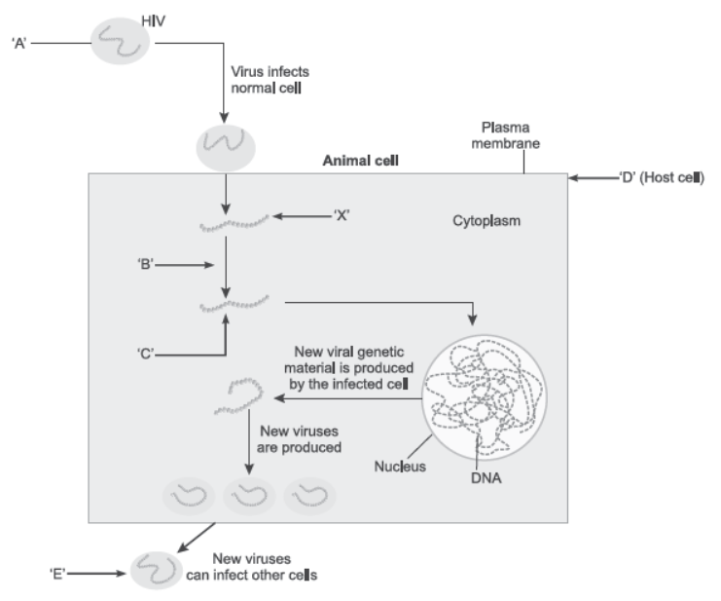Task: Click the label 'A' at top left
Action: click(17, 44)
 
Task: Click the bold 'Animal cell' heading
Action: click(358, 159)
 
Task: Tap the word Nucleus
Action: click(401, 466)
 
